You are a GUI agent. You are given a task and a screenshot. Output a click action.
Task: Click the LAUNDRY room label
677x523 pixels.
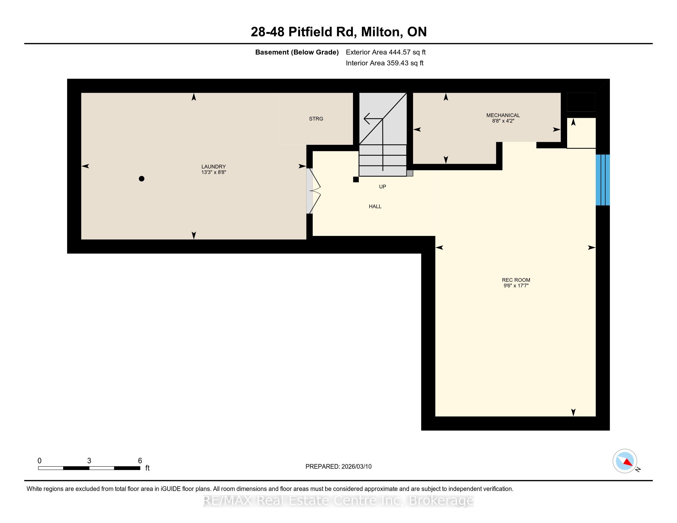pos(214,166)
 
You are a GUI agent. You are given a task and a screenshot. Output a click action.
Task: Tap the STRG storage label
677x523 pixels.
pos(316,119)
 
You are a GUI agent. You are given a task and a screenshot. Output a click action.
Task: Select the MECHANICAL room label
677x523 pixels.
pos(503,115)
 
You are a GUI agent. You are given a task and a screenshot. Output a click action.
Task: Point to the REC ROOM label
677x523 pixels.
pos(516,280)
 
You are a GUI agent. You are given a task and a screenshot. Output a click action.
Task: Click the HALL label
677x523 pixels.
pos(375,206)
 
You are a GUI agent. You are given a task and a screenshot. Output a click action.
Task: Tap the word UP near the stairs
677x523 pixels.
pos(383,186)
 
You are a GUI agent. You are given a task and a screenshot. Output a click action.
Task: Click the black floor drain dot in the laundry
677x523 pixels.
pos(142,178)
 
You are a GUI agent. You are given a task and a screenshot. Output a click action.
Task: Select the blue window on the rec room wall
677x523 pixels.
pos(603,180)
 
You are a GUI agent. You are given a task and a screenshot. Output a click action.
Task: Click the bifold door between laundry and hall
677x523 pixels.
pos(313,191)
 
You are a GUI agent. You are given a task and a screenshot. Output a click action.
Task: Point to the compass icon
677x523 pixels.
pos(625,461)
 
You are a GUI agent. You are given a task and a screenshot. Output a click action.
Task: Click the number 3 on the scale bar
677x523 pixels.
pos(89,461)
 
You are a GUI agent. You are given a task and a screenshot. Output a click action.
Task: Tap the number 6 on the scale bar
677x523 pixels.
pos(140,461)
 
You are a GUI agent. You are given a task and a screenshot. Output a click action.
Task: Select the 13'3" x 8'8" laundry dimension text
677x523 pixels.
pos(214,172)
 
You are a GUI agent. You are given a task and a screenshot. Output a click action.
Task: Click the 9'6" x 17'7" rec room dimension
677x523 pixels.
pos(516,286)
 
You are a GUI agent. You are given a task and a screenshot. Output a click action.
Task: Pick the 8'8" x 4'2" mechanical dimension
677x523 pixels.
pos(503,121)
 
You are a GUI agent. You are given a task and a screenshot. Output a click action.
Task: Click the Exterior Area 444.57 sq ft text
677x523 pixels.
pos(386,52)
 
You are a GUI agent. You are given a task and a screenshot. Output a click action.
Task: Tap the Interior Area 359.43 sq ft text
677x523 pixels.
pos(384,63)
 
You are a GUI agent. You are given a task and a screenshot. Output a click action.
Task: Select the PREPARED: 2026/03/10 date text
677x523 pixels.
pos(338,467)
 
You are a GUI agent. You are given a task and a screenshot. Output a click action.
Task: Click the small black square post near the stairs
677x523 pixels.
pos(356,179)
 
